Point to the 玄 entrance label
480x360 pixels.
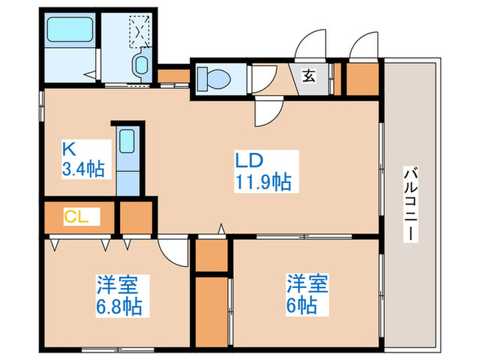(309, 75)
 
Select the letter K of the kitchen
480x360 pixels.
(68, 148)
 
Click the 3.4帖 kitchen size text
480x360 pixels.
(84, 169)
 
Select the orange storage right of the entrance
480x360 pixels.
(361, 78)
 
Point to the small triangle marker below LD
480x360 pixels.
(221, 228)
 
